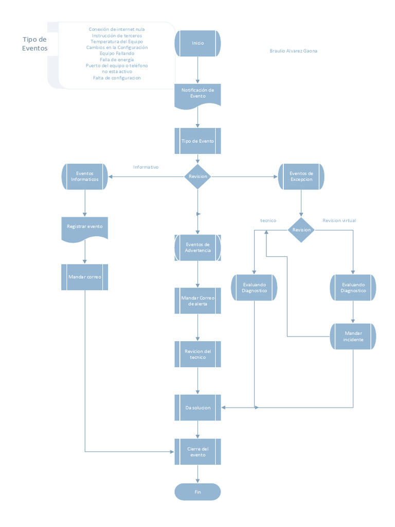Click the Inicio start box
(x=198, y=43)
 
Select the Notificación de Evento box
(x=198, y=94)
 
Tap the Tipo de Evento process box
(x=198, y=141)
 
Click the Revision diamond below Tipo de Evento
(x=198, y=177)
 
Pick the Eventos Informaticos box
(x=84, y=177)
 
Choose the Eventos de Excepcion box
(x=301, y=177)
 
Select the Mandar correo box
(x=84, y=277)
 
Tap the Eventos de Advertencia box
(x=198, y=248)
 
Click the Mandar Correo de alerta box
(x=198, y=301)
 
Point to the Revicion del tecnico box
(x=198, y=354)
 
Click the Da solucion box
(x=198, y=408)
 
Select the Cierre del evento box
(x=198, y=452)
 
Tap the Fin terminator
(x=198, y=492)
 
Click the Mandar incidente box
(x=353, y=337)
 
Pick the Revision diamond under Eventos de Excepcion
(x=301, y=230)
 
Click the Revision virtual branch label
(x=339, y=221)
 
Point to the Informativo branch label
(x=146, y=167)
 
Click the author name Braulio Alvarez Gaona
(x=293, y=51)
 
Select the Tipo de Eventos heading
(x=35, y=44)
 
